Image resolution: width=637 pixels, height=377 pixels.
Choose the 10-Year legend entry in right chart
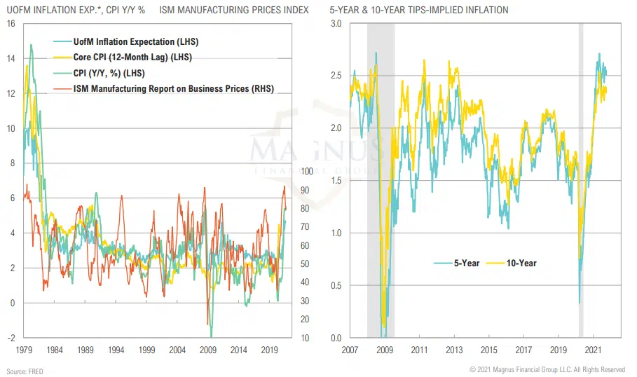[519, 263]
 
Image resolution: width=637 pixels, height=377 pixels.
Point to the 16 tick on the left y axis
[11, 23]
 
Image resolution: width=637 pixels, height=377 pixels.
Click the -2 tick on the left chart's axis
[11, 338]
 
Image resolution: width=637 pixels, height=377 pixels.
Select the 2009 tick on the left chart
[208, 349]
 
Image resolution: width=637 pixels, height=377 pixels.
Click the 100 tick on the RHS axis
[306, 172]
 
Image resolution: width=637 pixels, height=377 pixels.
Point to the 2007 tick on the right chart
[350, 349]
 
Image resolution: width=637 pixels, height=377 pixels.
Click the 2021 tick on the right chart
[594, 349]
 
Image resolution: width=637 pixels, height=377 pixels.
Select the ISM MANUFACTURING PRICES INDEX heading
[234, 11]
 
